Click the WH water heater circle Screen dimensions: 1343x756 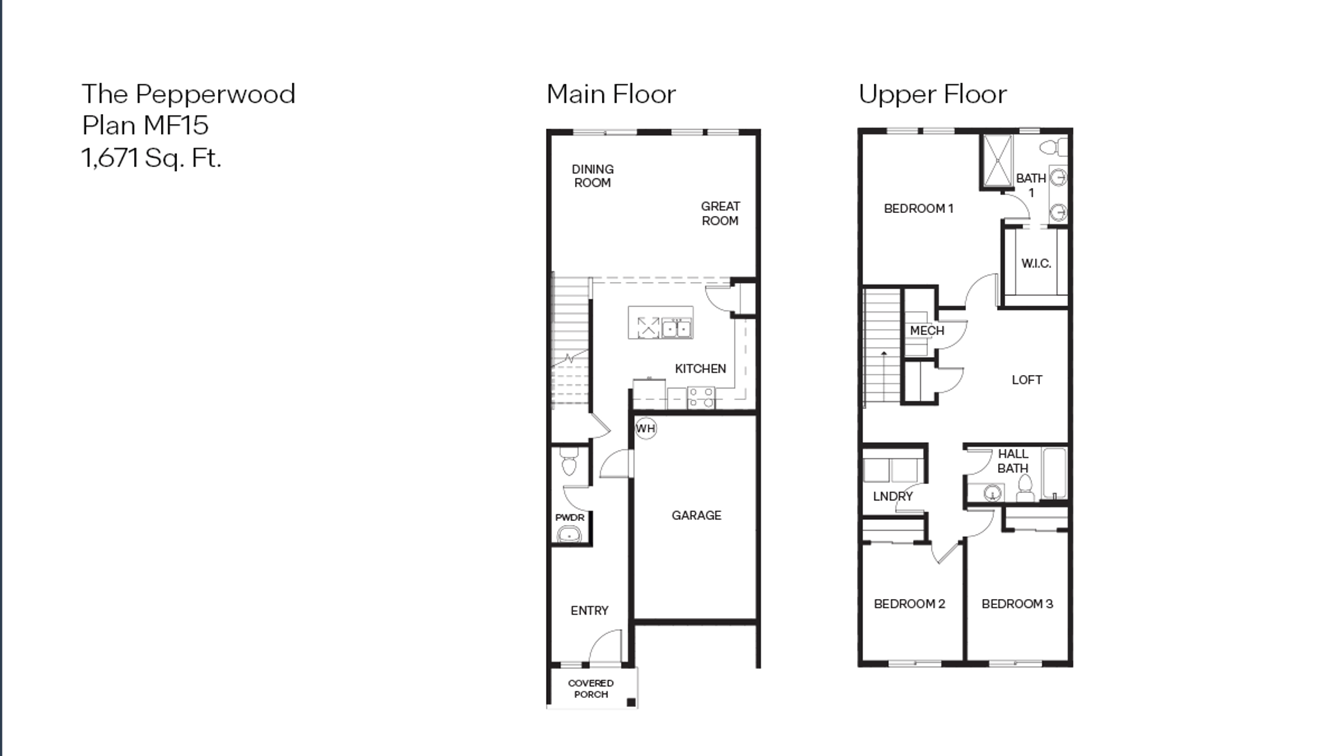point(645,428)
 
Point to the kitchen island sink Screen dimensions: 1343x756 point(676,328)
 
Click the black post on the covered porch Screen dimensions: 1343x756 point(631,702)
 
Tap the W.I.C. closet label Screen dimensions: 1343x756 point(1036,263)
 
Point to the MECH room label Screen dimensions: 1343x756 point(927,330)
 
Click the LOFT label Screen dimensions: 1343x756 point(1027,380)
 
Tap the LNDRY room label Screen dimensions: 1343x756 point(893,496)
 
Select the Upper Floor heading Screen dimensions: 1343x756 point(933,94)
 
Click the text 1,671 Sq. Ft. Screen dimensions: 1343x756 point(151,158)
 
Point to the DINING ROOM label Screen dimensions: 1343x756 point(592,176)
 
